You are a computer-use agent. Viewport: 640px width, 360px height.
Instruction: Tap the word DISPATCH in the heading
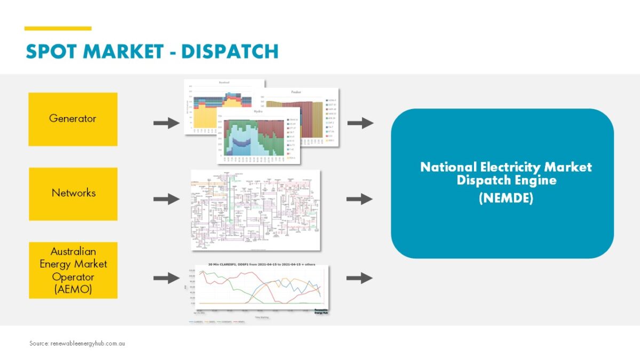(x=230, y=51)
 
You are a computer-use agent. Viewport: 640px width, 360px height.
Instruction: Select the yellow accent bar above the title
(x=58, y=28)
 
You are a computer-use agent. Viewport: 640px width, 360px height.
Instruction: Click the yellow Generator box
(x=73, y=119)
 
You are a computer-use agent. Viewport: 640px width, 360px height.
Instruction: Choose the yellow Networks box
(x=73, y=193)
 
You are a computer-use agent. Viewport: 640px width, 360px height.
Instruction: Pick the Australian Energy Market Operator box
(x=73, y=270)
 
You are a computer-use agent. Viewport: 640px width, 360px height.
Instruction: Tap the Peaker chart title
(x=296, y=92)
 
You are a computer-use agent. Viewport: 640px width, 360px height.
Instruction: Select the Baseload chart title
(x=224, y=83)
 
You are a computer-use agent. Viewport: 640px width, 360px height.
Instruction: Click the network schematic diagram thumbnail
(x=256, y=210)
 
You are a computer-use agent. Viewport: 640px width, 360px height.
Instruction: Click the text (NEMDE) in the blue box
(x=505, y=198)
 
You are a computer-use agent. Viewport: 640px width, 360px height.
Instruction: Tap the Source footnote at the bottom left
(x=77, y=343)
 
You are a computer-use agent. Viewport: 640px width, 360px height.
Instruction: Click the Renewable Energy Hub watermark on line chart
(x=320, y=311)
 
